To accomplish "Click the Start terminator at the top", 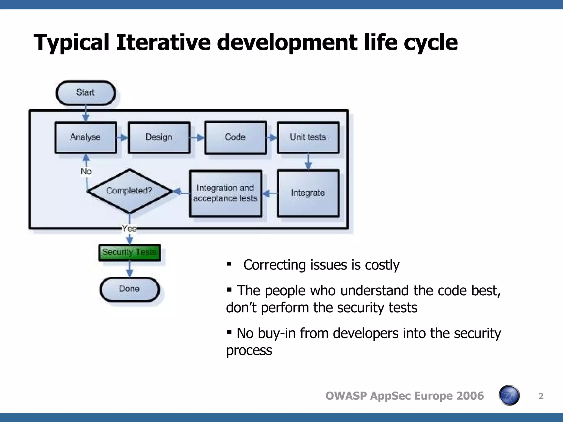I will [85, 93].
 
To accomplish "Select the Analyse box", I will [85, 137].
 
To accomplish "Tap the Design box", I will [159, 137].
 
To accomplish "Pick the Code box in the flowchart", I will [235, 137].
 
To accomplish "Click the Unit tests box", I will [308, 137].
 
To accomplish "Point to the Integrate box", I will [308, 193].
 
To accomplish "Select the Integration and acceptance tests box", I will [225, 193].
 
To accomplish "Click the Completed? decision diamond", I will [129, 191].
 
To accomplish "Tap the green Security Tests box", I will [129, 252].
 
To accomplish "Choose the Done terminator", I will [129, 289].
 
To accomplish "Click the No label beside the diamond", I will [86, 171].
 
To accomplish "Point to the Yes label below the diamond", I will [129, 228].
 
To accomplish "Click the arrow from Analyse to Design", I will [122, 137].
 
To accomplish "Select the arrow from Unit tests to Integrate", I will [308, 162].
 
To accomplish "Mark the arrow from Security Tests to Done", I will [129, 269].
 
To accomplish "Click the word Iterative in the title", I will [163, 43].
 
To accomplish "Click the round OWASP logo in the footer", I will [509, 395].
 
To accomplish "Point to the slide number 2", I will [541, 396].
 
